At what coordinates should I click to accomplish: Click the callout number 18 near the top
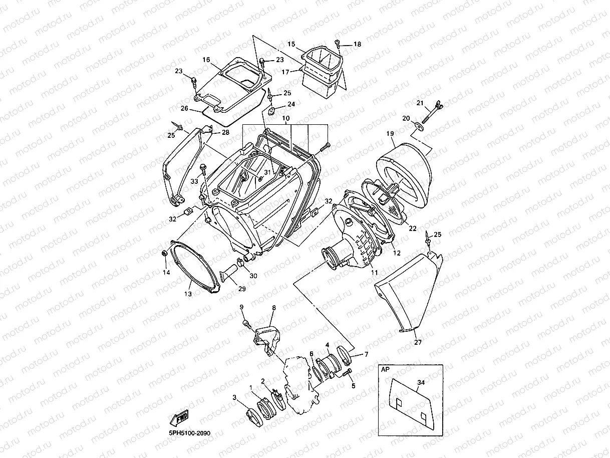pyautogui.click(x=357, y=44)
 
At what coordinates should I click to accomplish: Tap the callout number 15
pyautogui.click(x=291, y=44)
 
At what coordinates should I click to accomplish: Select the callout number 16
pyautogui.click(x=206, y=60)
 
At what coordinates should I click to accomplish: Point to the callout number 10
pyautogui.click(x=285, y=119)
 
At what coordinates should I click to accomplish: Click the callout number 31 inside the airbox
pyautogui.click(x=267, y=172)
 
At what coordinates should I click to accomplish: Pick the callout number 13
pyautogui.click(x=188, y=294)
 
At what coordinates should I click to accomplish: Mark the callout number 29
pyautogui.click(x=242, y=289)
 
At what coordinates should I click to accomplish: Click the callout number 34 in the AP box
pyautogui.click(x=421, y=383)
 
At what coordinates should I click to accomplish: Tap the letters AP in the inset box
pyautogui.click(x=385, y=369)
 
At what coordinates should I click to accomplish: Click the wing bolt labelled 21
pyautogui.click(x=431, y=112)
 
